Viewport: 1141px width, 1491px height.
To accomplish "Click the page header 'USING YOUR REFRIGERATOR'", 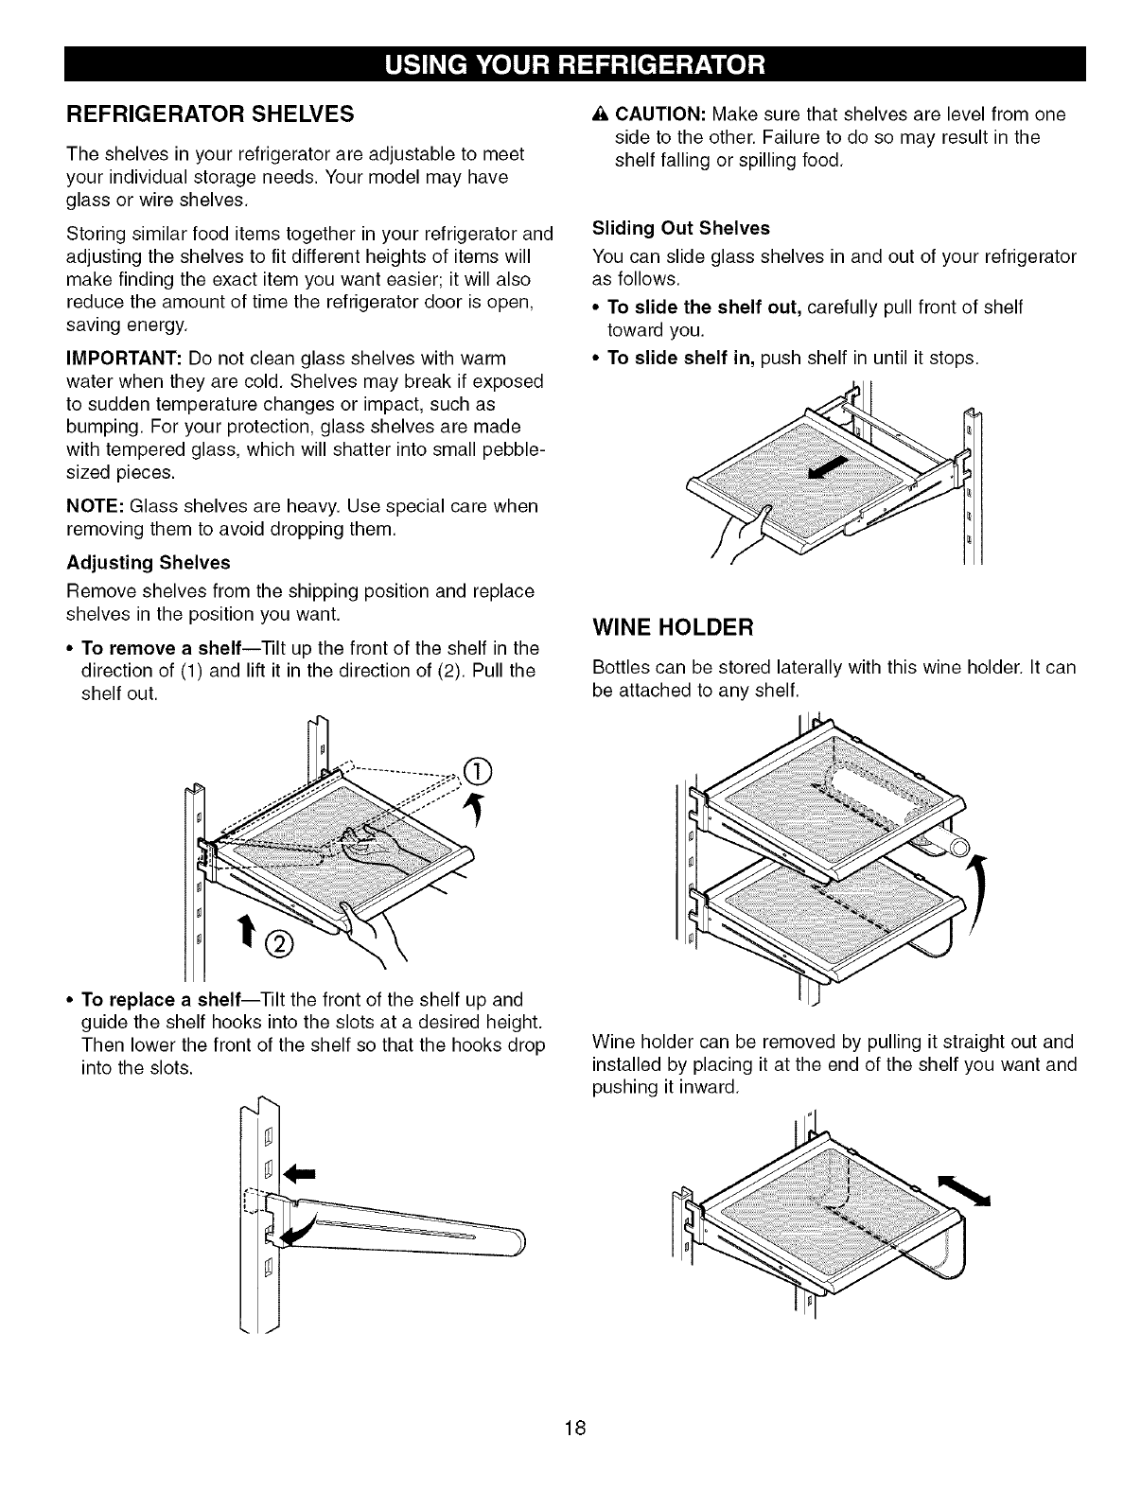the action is pyautogui.click(x=570, y=63).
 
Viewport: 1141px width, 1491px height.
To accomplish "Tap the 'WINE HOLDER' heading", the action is pyautogui.click(x=672, y=627).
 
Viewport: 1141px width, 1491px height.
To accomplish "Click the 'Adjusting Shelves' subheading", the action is pyautogui.click(x=149, y=563).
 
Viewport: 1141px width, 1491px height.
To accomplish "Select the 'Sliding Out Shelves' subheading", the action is pyautogui.click(x=680, y=228).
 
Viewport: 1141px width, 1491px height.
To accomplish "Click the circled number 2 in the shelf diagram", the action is pyautogui.click(x=282, y=942).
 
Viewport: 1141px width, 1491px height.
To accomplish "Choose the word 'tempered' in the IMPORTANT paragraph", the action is pyautogui.click(x=160, y=447).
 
